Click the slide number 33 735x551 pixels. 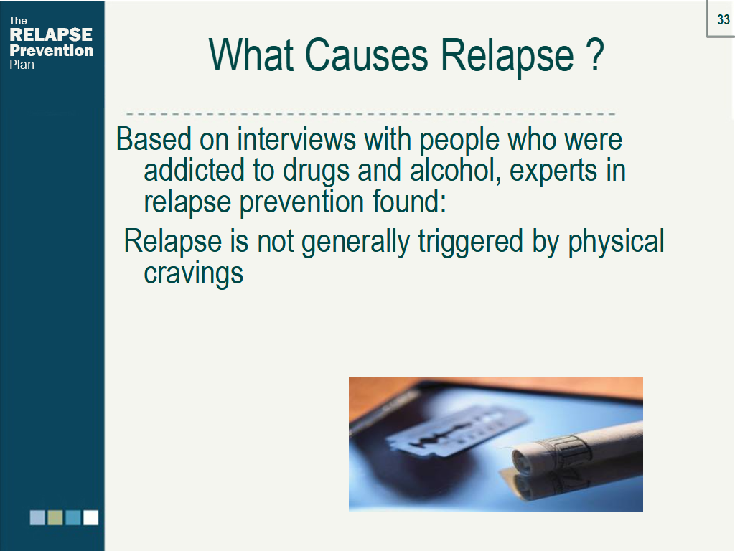click(x=723, y=20)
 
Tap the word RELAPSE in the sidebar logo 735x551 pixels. click(x=51, y=34)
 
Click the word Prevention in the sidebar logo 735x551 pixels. click(x=51, y=50)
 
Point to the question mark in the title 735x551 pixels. click(x=594, y=54)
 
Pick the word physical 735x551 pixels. click(x=616, y=242)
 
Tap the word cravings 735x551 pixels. click(x=193, y=274)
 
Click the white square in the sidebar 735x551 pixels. click(x=90, y=517)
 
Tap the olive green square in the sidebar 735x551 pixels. click(x=55, y=517)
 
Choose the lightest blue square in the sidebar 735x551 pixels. click(x=37, y=517)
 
